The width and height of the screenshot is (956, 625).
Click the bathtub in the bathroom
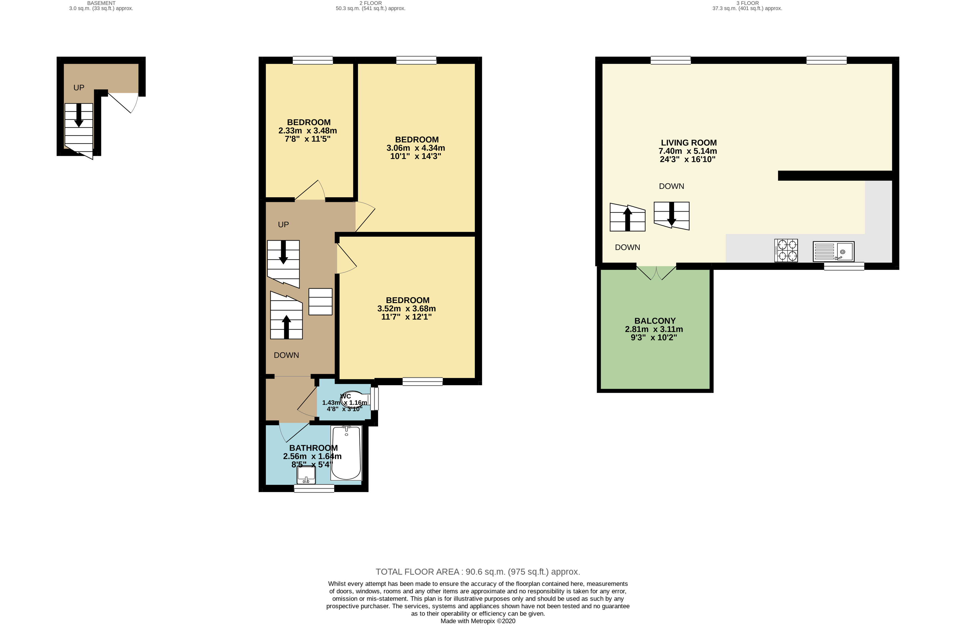346,453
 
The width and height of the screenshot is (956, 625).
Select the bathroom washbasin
306,475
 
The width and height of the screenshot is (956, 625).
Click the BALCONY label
655,321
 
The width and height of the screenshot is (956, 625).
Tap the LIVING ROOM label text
689,143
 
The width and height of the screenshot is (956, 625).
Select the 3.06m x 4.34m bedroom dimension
415,148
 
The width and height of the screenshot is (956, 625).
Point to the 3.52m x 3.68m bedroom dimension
406,309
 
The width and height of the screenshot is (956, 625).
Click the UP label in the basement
79,87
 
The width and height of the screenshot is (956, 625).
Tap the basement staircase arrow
79,115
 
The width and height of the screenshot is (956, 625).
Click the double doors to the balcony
656,273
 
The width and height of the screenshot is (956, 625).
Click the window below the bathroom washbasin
314,488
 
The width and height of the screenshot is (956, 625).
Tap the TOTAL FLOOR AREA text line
478,572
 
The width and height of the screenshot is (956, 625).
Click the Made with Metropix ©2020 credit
478,621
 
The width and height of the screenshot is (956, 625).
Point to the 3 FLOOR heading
747,3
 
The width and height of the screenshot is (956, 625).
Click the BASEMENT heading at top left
101,3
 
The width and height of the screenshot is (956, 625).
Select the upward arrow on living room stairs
628,219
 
